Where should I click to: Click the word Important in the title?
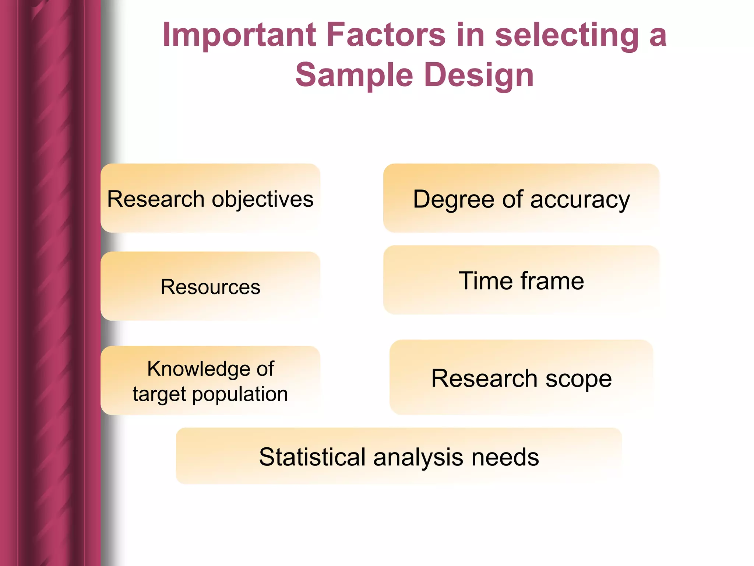pos(239,35)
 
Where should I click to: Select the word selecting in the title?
pos(567,35)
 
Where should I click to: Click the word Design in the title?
pos(479,75)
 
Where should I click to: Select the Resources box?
pos(210,286)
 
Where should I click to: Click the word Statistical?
pos(313,457)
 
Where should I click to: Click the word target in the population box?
pos(159,394)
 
